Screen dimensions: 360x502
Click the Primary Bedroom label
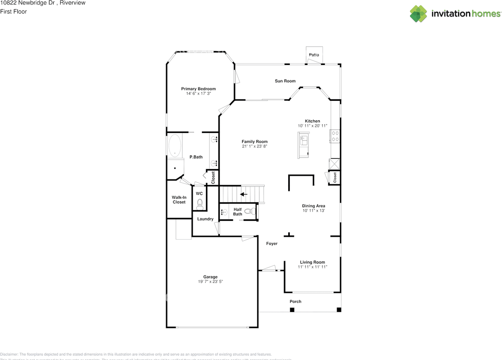(198, 89)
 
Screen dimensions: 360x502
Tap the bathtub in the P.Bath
(175, 146)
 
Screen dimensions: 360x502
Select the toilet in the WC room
(200, 203)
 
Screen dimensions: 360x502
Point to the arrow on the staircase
(244, 194)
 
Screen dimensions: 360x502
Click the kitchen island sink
(304, 138)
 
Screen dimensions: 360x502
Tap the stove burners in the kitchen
(335, 136)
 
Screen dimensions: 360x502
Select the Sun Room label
(285, 81)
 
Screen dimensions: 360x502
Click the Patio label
(314, 55)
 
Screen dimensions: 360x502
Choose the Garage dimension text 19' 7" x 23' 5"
(211, 282)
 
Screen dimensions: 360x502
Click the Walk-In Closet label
(179, 200)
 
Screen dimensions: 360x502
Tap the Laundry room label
(205, 219)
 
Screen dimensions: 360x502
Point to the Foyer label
(272, 244)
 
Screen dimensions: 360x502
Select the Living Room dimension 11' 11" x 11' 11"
(313, 267)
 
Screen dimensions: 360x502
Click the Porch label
(295, 302)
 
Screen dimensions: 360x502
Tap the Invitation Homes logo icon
(418, 14)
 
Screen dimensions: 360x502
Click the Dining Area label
(313, 206)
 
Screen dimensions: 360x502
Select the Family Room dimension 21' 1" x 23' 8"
(255, 147)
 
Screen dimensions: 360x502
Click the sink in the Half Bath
(224, 213)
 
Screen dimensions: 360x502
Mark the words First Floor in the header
(14, 11)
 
